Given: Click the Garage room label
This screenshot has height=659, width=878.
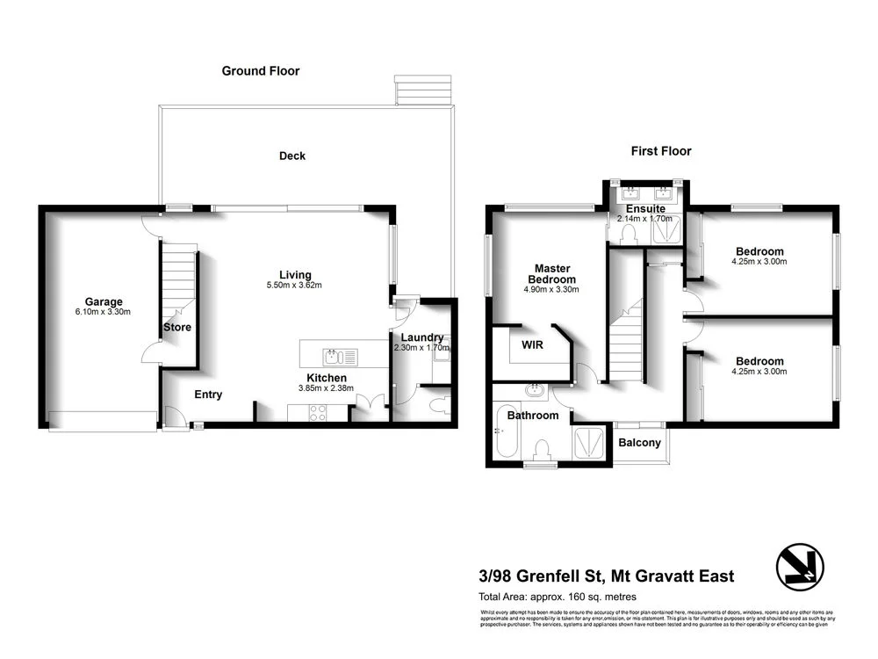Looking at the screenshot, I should click(104, 301).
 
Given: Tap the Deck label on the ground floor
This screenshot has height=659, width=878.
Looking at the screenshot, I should click(292, 156).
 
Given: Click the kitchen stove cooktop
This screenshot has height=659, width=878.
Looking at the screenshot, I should click(316, 410).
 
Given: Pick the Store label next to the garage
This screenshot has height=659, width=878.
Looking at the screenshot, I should click(177, 327).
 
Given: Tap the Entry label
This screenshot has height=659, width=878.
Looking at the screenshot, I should click(208, 395).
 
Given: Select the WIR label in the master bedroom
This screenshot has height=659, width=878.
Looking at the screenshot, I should click(532, 344).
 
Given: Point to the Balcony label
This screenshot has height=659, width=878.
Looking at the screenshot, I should click(639, 443).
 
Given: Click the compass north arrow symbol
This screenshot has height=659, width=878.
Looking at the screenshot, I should click(801, 566).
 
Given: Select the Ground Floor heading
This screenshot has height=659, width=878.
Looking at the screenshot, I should click(260, 71).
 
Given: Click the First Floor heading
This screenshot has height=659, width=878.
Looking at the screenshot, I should click(661, 151).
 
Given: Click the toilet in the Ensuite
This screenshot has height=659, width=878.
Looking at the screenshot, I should click(629, 233).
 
